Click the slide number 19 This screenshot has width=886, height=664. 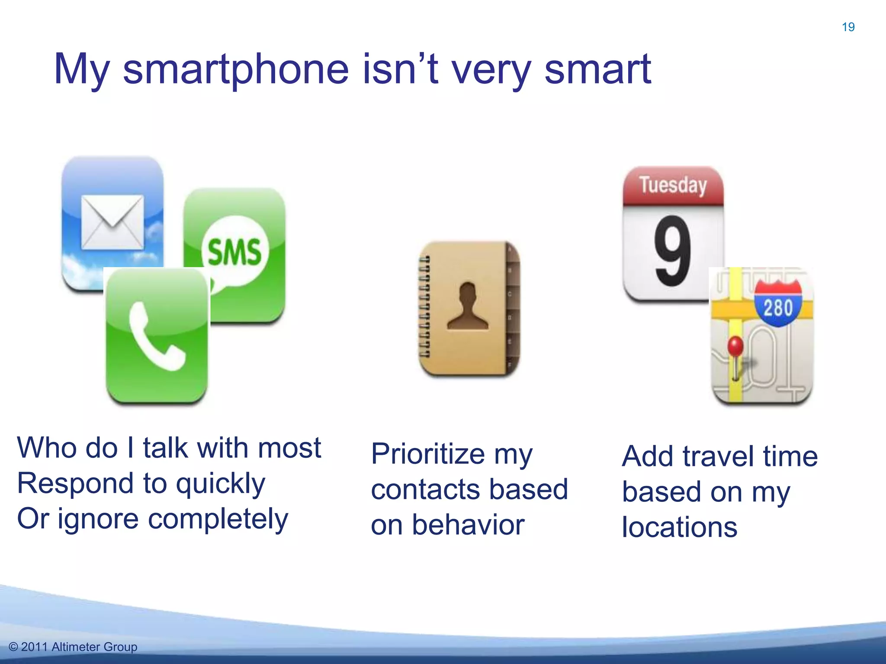pos(848,27)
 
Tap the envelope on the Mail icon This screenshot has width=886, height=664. pos(112,222)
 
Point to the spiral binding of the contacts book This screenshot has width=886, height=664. pos(424,306)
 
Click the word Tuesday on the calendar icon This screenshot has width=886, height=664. pos(673,185)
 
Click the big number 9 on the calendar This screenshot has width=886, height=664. pos(672,251)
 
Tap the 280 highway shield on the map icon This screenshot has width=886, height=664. pos(778,304)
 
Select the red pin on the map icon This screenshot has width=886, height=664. pos(735,346)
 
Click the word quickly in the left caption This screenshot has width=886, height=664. pos(221,484)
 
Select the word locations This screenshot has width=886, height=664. pos(679,527)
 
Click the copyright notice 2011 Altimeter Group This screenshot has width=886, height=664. pos(73,647)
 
